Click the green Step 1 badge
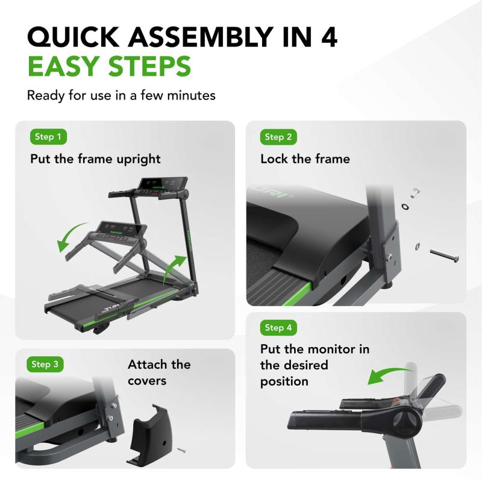click(48, 137)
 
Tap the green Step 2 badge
click(278, 137)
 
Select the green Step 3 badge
click(46, 364)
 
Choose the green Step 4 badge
click(278, 328)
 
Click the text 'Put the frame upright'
click(96, 159)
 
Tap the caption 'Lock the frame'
click(305, 159)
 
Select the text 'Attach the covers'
click(158, 372)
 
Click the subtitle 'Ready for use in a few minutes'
click(121, 95)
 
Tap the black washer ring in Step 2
click(404, 207)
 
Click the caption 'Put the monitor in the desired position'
click(315, 365)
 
